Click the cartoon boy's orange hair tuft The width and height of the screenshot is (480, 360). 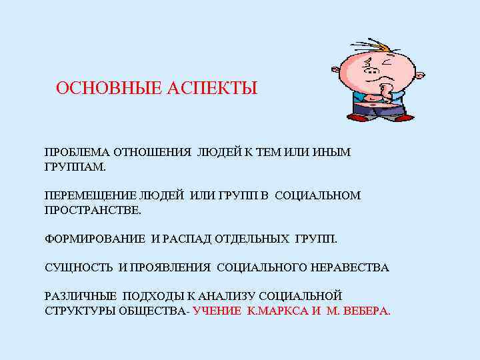[384, 49]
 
